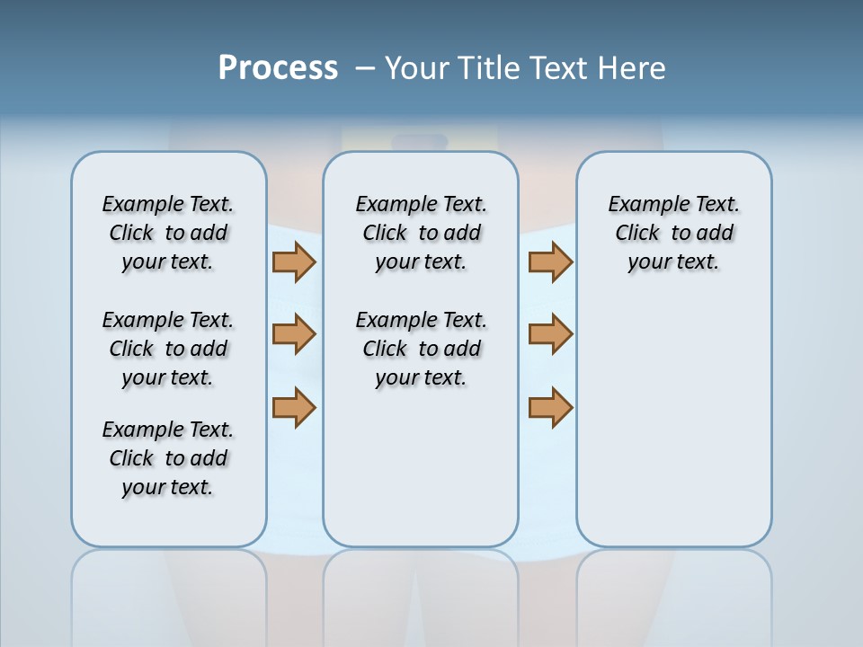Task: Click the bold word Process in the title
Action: (278, 68)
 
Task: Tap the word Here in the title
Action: (633, 68)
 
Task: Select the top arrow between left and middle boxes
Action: (294, 261)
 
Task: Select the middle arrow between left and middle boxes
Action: (294, 334)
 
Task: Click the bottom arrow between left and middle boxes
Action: (294, 407)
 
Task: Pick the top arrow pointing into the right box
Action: (550, 261)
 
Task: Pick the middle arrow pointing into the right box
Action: (550, 334)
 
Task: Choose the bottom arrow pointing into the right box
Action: (550, 407)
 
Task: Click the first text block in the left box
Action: (168, 233)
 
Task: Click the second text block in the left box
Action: (168, 349)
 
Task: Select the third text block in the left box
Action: (168, 458)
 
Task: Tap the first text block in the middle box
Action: (421, 233)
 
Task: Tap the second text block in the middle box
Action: (421, 349)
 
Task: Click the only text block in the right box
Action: (673, 233)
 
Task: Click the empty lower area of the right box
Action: (673, 422)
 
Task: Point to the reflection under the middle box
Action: (421, 593)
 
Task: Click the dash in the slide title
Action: (366, 68)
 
